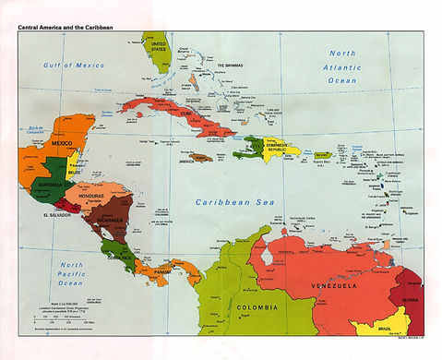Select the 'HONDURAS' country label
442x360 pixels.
coord(95,196)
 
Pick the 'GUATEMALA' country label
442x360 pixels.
coord(48,185)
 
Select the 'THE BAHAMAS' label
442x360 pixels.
coord(233,66)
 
